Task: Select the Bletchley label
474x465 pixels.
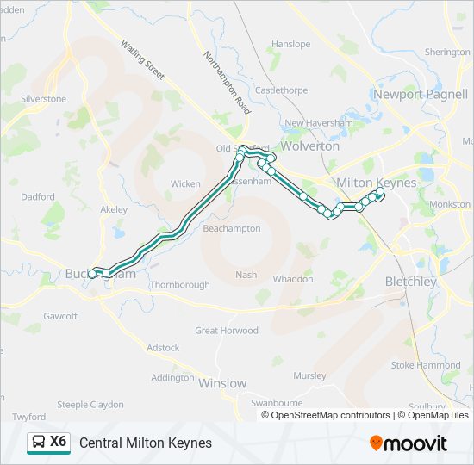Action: click(x=411, y=282)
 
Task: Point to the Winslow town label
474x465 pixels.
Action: click(x=223, y=383)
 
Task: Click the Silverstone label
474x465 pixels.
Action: click(x=43, y=99)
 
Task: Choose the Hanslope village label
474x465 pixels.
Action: click(x=290, y=44)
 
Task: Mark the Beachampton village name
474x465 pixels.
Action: click(x=231, y=229)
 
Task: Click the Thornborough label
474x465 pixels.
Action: click(x=180, y=284)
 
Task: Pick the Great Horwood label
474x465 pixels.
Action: click(x=227, y=331)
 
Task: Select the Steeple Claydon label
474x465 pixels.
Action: click(x=90, y=404)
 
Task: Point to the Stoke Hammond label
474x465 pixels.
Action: click(x=426, y=365)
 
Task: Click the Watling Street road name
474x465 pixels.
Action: click(x=142, y=59)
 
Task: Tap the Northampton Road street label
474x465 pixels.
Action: click(x=226, y=84)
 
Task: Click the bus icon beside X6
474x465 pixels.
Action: click(x=38, y=443)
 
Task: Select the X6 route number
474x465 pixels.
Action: click(x=59, y=442)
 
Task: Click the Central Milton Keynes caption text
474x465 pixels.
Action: click(x=146, y=443)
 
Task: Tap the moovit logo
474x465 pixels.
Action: click(x=409, y=443)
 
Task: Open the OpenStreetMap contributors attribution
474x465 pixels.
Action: click(x=327, y=415)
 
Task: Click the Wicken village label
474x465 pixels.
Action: click(x=185, y=183)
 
